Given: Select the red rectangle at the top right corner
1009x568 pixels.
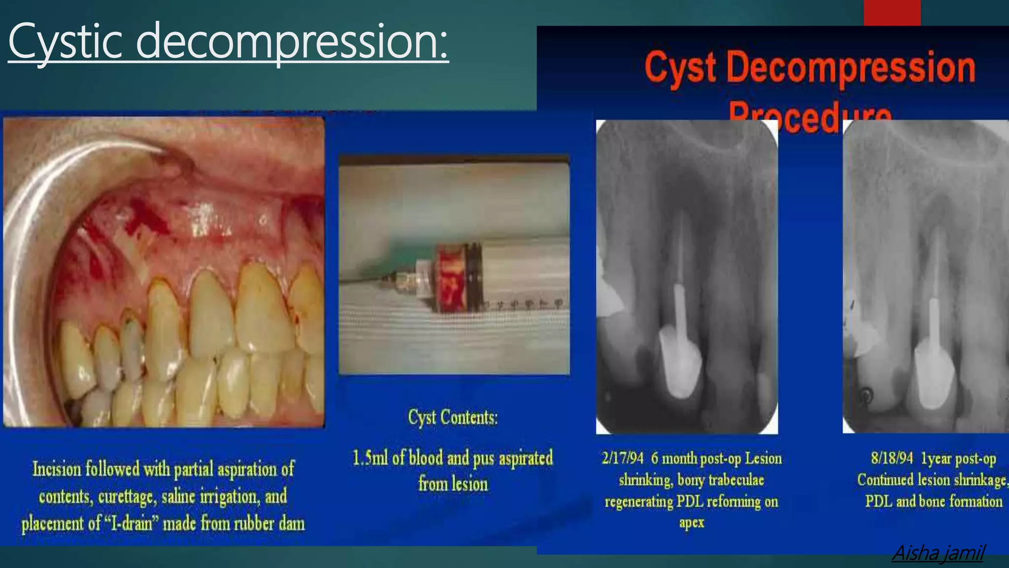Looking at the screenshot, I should click(892, 12).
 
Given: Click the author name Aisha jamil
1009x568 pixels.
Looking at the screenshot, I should click(938, 553).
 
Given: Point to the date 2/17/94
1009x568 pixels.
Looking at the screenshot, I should click(622, 459).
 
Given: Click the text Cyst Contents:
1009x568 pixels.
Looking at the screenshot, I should click(453, 418).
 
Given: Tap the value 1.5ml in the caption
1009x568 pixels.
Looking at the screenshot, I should click(370, 458).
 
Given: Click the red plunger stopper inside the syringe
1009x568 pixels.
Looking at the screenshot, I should click(451, 278).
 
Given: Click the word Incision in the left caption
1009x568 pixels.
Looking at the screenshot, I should click(57, 469).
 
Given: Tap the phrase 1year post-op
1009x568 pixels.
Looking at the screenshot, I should click(958, 459).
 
